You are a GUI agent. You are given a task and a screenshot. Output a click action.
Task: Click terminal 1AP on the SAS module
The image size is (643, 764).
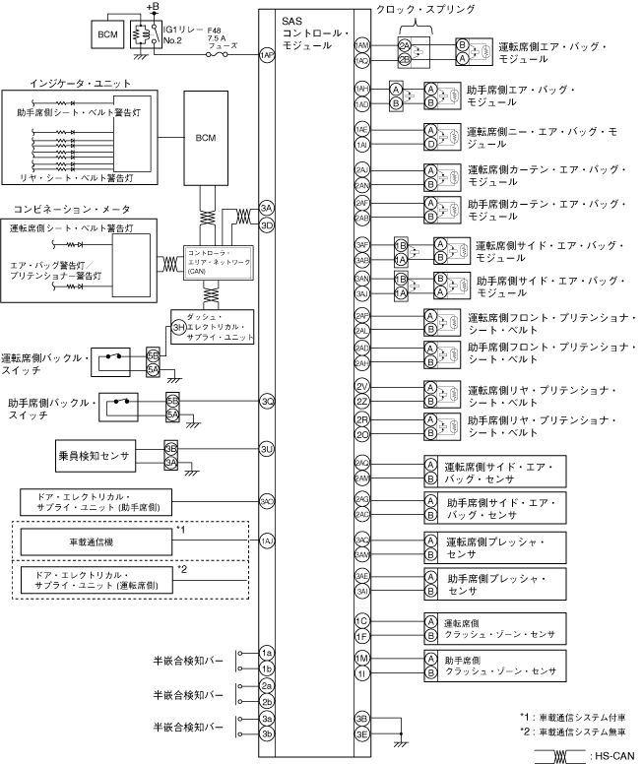266,57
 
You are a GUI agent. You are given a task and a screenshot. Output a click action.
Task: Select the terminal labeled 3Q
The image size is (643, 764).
266,401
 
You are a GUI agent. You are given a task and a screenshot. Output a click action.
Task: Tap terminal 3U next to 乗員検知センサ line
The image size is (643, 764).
266,449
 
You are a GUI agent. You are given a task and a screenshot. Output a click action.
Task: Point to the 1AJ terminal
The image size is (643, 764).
266,541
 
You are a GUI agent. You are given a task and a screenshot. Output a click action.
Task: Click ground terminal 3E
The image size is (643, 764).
362,733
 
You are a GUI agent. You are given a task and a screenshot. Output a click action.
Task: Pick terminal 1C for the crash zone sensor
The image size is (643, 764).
362,621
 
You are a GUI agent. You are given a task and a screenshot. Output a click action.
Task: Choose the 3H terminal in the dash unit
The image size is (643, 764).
178,327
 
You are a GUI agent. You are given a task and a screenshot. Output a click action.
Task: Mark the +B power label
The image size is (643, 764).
152,7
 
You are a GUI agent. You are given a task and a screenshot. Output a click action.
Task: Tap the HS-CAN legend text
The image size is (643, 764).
611,756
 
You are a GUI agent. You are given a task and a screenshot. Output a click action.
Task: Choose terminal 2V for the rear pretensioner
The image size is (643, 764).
362,385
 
